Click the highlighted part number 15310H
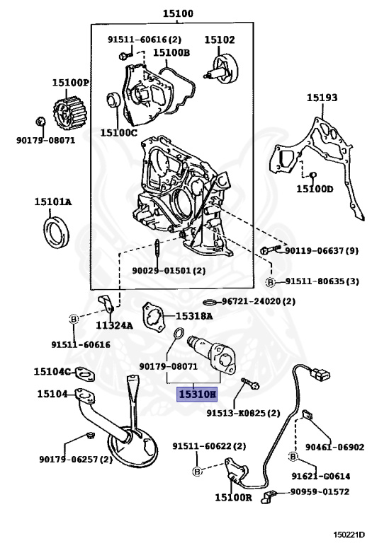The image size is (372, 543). pos(198,394)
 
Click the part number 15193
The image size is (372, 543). pos(322,98)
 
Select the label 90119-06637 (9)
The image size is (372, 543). pos(321,250)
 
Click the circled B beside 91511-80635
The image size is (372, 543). pos(270,281)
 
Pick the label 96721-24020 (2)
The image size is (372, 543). pos(259,301)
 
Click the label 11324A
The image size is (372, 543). pos(113,326)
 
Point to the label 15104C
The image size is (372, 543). pos(53,371)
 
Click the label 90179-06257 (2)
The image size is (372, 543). pos(76,459)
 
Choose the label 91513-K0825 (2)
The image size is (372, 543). pos(244,413)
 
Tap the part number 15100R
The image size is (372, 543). pos(233,498)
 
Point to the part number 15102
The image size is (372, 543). pos(220,40)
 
